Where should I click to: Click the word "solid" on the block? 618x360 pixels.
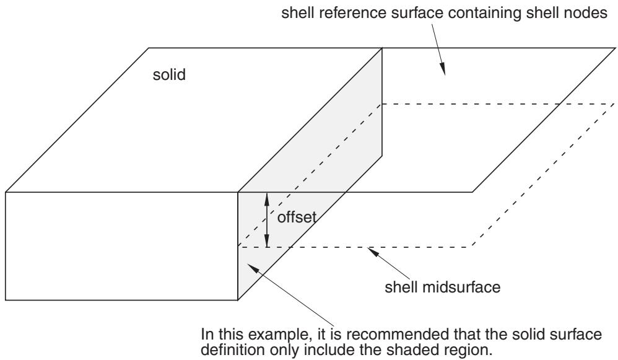click(x=169, y=74)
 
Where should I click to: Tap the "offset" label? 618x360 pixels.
click(x=297, y=217)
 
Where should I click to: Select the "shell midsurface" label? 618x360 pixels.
click(x=442, y=287)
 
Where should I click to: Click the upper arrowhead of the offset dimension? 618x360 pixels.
click(x=267, y=198)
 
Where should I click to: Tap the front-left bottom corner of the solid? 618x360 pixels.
click(x=6, y=300)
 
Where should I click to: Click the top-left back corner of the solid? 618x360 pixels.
click(x=149, y=48)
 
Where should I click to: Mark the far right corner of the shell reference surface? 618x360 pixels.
click(x=615, y=48)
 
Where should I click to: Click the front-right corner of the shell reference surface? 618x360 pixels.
click(x=472, y=192)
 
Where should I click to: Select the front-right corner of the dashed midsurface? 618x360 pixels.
click(x=472, y=247)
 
